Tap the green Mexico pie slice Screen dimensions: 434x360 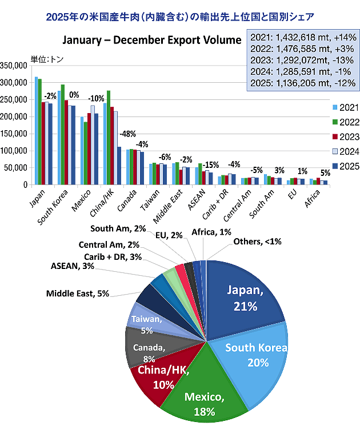pos(197,394)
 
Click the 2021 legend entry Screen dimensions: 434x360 pos(342,107)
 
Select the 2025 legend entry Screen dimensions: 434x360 pos(342,166)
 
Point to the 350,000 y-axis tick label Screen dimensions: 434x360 pos(14,66)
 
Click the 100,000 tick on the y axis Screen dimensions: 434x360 pos(14,151)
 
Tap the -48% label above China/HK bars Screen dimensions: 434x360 pos(127,134)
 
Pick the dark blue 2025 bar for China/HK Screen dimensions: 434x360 pos(119,166)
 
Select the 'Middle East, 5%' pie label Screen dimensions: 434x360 pos(77,295)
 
